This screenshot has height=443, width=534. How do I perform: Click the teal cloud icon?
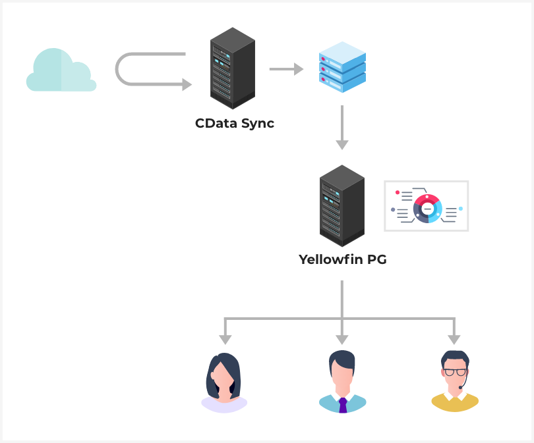(x=61, y=71)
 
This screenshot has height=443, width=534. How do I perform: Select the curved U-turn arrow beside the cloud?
(x=152, y=70)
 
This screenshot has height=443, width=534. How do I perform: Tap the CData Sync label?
(x=234, y=123)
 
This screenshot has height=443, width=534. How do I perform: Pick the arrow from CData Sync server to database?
(x=285, y=68)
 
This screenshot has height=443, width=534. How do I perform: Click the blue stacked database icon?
(x=341, y=66)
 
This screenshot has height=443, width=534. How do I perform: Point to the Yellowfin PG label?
(x=342, y=259)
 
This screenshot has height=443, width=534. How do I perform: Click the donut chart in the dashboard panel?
(x=427, y=208)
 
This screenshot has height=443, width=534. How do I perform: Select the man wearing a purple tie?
(x=341, y=382)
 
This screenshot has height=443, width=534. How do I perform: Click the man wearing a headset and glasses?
(x=454, y=382)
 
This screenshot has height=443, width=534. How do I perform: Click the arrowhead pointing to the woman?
(x=225, y=339)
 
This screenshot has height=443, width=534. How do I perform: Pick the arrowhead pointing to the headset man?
(x=454, y=339)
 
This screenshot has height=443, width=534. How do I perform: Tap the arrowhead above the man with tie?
(x=341, y=339)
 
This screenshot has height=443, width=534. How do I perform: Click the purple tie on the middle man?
(x=342, y=404)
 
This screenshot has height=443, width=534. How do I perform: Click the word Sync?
(x=256, y=123)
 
